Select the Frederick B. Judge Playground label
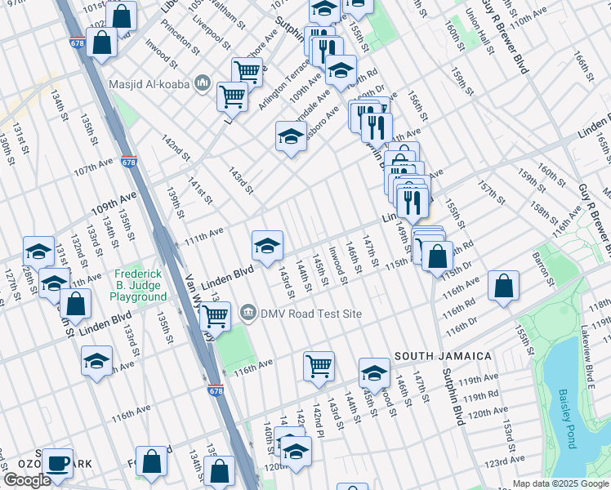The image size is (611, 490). point(140,286)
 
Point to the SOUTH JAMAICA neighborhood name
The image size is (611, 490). point(444,357)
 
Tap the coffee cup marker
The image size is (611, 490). point(57,462)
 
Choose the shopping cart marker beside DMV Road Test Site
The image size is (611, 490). point(215,314)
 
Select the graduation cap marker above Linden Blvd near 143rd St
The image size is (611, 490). point(267,245)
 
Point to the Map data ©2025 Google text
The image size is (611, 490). point(560,483)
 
